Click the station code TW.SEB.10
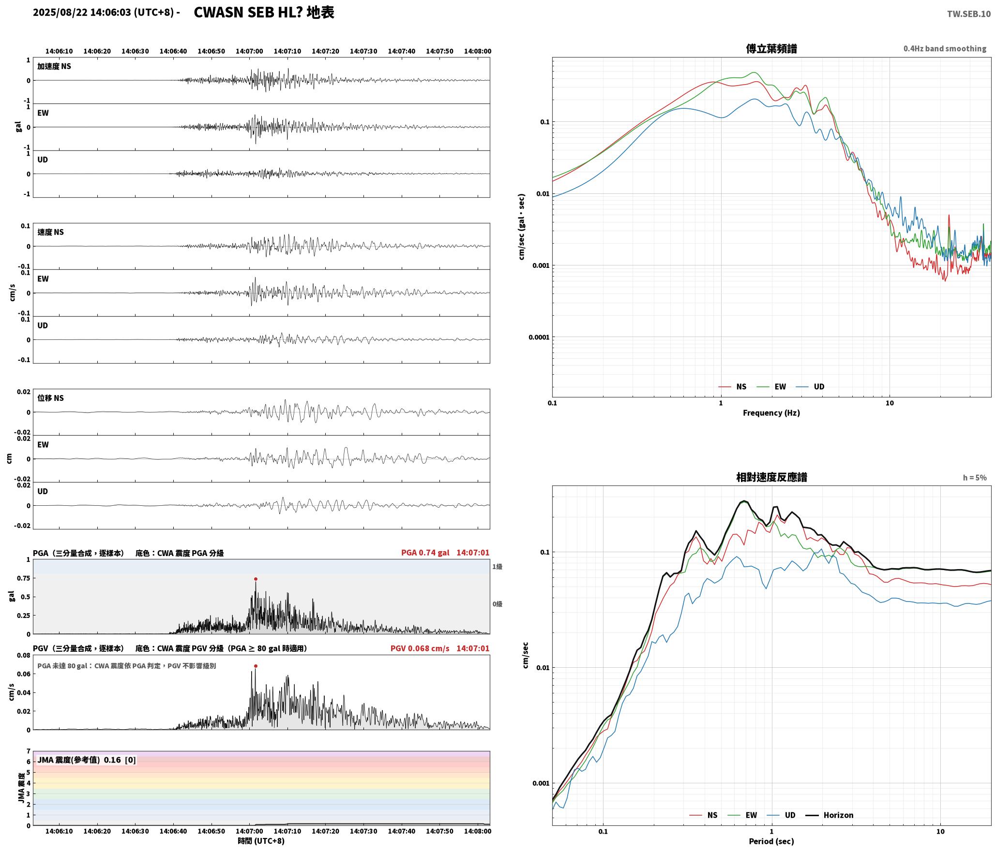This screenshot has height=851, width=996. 968,14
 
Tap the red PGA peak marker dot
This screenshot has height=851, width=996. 256,579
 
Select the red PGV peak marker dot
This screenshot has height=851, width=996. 256,666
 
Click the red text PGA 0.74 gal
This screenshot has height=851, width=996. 425,553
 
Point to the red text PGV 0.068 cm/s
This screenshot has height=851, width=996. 420,648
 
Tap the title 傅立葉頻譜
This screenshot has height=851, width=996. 771,48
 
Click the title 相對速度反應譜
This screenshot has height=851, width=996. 771,477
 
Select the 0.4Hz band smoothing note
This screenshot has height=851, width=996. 945,49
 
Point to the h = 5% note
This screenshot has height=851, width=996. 975,478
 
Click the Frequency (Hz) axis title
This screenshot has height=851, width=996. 771,413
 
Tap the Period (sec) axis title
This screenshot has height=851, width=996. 771,841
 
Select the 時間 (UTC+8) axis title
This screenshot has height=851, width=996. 261,841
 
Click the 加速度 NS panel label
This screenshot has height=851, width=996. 54,66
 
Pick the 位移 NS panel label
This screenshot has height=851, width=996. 51,398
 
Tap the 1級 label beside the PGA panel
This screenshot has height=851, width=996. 497,566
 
